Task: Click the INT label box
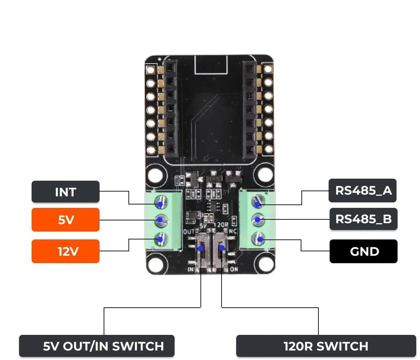tap(65, 192)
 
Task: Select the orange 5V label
tap(65, 220)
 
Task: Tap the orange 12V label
tap(65, 251)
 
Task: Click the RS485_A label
tap(363, 191)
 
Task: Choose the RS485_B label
tap(363, 219)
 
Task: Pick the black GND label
tap(363, 251)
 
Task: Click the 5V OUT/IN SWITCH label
tap(97, 346)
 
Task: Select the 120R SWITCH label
tap(326, 346)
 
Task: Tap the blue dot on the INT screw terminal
tap(160, 204)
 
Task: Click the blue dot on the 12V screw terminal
tap(160, 239)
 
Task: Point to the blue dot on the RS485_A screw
tap(258, 204)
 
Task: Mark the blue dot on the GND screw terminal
tap(260, 240)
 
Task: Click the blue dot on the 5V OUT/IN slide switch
tap(200, 249)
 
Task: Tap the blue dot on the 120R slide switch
tap(222, 248)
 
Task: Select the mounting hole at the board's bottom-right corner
tap(265, 264)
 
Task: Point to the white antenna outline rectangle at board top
tap(211, 65)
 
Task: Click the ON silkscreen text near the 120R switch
tap(234, 269)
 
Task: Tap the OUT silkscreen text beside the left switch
tap(189, 232)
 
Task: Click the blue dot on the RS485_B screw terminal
tap(258, 220)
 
